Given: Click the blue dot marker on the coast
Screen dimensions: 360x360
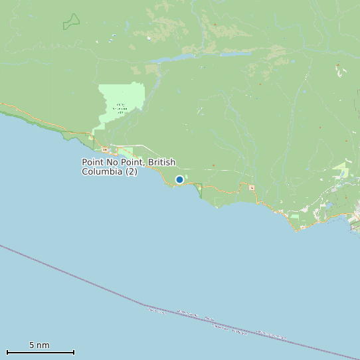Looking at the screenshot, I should click(x=179, y=179).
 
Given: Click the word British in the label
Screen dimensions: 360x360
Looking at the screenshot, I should click(x=162, y=162).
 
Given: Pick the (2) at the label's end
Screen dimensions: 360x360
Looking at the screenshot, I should click(x=132, y=171).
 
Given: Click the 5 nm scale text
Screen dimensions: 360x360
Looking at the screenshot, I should click(x=39, y=345).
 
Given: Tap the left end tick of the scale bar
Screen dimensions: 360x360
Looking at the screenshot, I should click(x=7, y=352).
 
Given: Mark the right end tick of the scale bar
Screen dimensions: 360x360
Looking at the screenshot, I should click(x=74, y=352).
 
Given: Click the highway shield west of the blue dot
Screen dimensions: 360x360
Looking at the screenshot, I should click(x=104, y=149).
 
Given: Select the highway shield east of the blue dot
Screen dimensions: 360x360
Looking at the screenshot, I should click(x=252, y=188).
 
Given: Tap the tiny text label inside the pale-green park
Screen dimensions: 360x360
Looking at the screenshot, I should click(x=120, y=108).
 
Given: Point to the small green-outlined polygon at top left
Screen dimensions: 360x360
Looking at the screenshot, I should click(x=71, y=22).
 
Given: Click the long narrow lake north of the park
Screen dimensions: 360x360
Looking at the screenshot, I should click(x=173, y=59).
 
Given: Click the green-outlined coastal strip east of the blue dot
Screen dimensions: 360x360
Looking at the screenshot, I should click(x=199, y=191).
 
